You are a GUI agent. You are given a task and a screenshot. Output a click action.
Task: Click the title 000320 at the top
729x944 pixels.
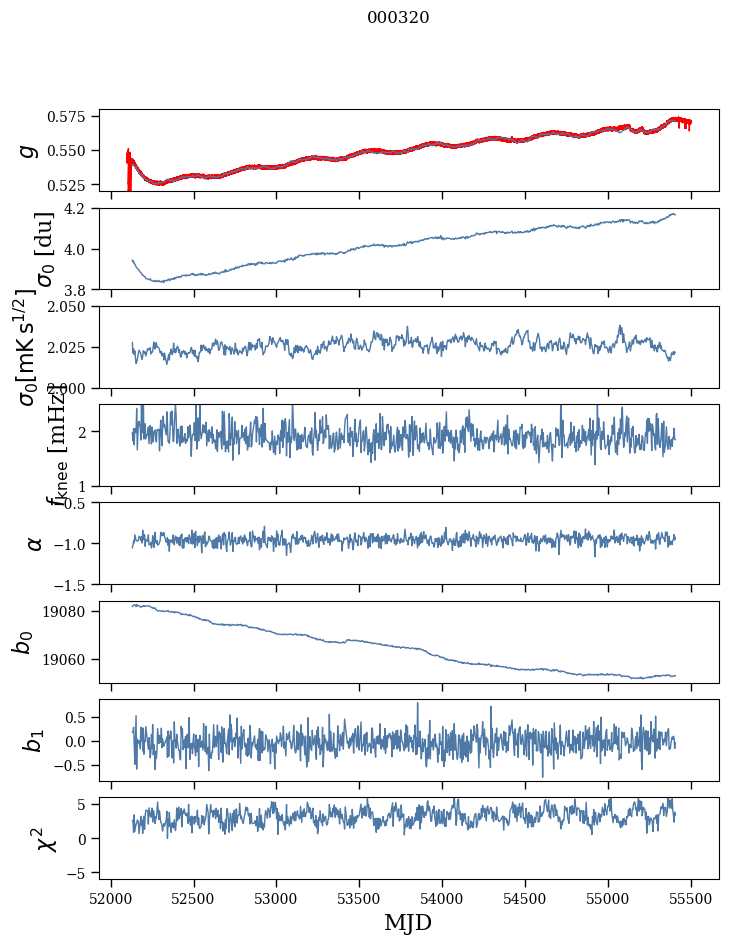(398, 18)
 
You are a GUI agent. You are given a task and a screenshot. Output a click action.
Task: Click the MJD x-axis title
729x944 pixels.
(408, 922)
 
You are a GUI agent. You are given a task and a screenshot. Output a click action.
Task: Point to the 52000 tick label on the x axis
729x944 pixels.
(111, 898)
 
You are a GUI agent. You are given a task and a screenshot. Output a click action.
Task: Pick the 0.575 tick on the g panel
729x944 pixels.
(75, 117)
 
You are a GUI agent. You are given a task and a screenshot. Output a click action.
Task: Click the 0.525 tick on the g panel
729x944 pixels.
(75, 185)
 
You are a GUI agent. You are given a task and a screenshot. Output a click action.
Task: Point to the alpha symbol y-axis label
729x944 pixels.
(34, 543)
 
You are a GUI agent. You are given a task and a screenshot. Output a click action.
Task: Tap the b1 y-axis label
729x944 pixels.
(34, 740)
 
